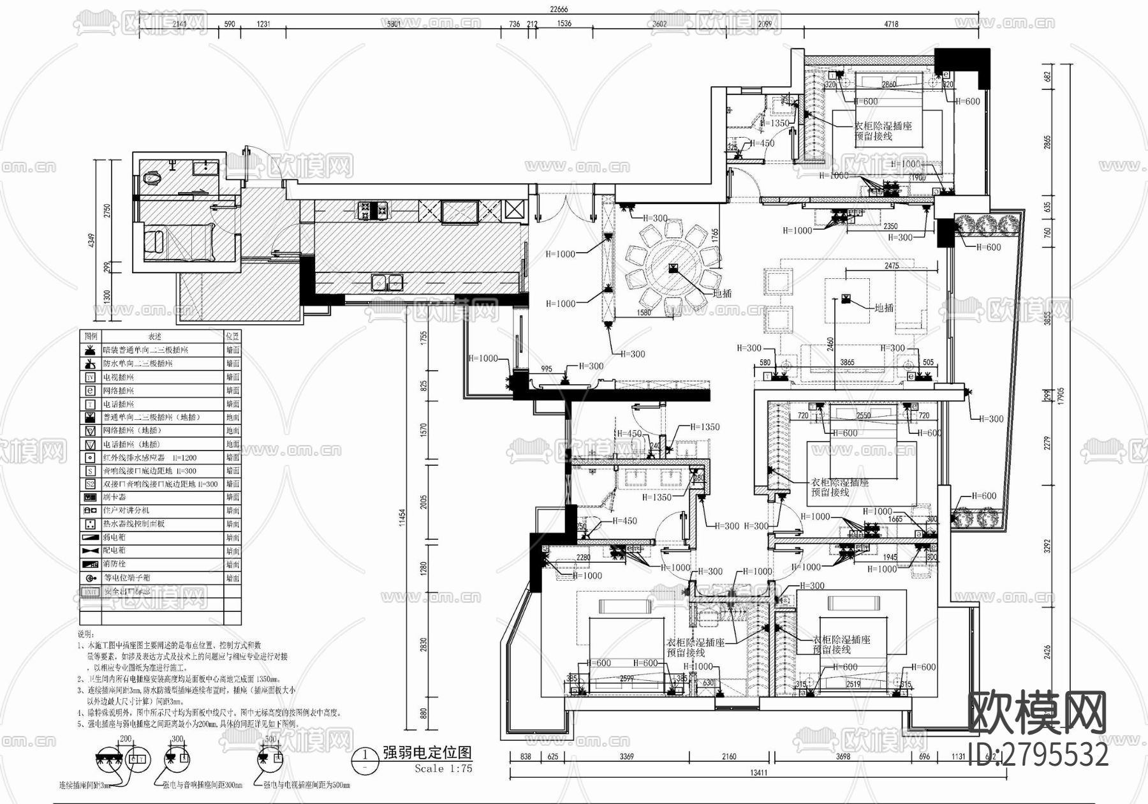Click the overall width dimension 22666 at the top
[x=559, y=8]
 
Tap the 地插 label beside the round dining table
[x=722, y=294]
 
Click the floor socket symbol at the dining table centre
[x=673, y=268]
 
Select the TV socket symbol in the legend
[x=90, y=377]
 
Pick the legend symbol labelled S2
[x=90, y=484]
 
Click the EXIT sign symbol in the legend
[x=90, y=592]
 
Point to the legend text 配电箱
[x=115, y=551]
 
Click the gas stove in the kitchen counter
[x=374, y=209]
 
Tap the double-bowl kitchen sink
[x=387, y=281]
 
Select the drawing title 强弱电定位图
[x=427, y=753]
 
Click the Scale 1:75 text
[x=443, y=769]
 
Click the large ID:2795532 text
[x=1038, y=755]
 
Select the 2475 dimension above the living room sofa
[x=891, y=265]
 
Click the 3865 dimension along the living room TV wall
[x=847, y=362]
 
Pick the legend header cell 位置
[x=232, y=336]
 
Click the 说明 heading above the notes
[x=85, y=634]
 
